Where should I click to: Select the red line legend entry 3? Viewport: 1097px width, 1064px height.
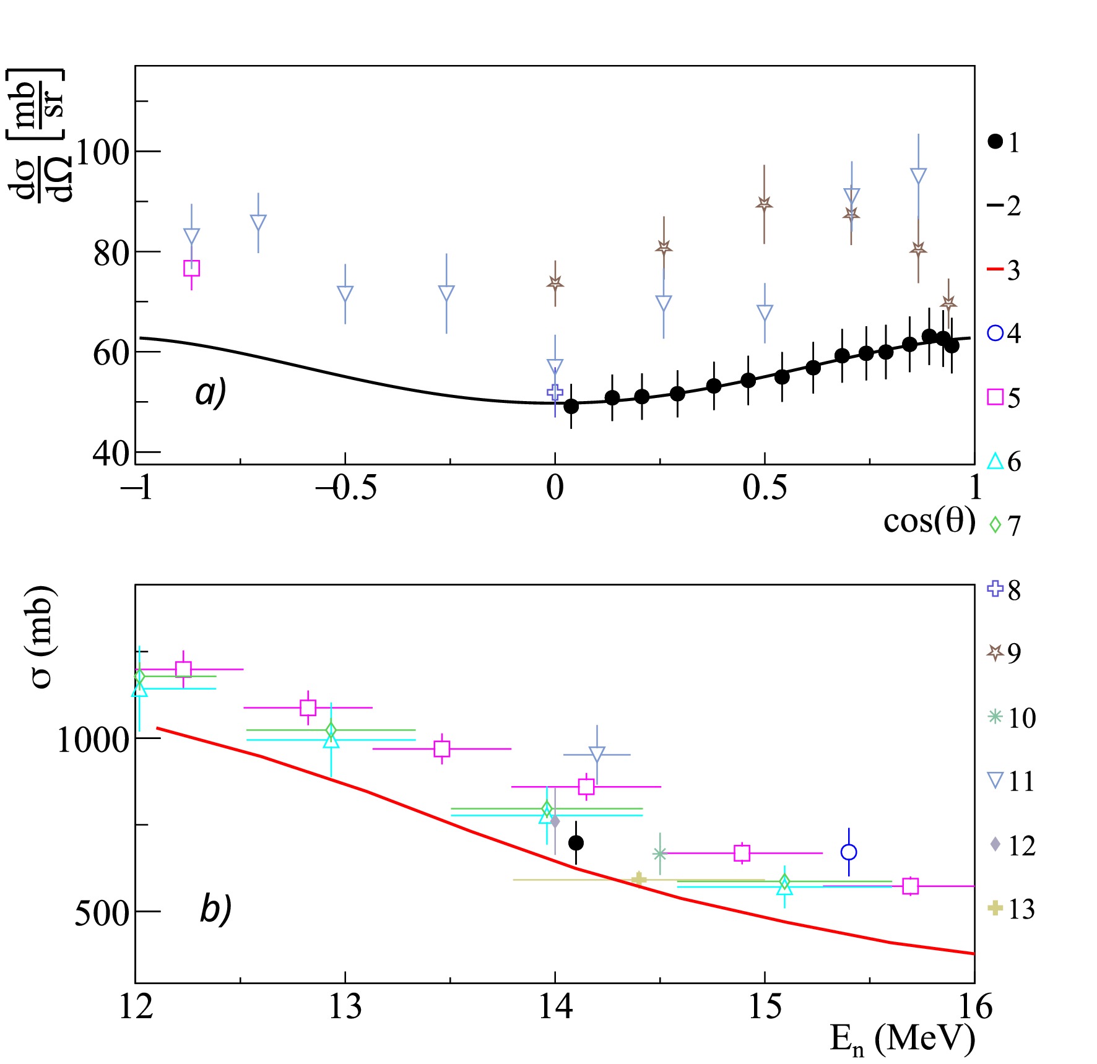pyautogui.click(x=1004, y=270)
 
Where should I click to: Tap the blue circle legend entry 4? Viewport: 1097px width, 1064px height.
pyautogui.click(x=1004, y=333)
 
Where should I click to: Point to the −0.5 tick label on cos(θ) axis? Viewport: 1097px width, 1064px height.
pyautogui.click(x=345, y=488)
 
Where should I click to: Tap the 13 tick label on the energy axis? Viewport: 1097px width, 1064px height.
pyautogui.click(x=345, y=1007)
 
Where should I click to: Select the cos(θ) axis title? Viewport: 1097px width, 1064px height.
pyautogui.click(x=929, y=521)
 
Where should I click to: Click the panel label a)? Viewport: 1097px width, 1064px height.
pyautogui.click(x=210, y=392)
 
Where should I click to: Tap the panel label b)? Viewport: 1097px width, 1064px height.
pyautogui.click(x=215, y=909)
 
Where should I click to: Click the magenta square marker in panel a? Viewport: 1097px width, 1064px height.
pyautogui.click(x=191, y=268)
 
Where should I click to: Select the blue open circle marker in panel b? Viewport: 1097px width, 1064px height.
pyautogui.click(x=849, y=852)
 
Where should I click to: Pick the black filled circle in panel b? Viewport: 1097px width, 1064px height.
pyautogui.click(x=576, y=842)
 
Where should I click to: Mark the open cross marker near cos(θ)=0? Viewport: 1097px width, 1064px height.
pyautogui.click(x=555, y=392)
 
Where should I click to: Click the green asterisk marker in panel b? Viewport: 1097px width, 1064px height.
pyautogui.click(x=659, y=854)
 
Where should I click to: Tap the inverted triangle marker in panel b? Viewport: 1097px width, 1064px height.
pyautogui.click(x=597, y=754)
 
